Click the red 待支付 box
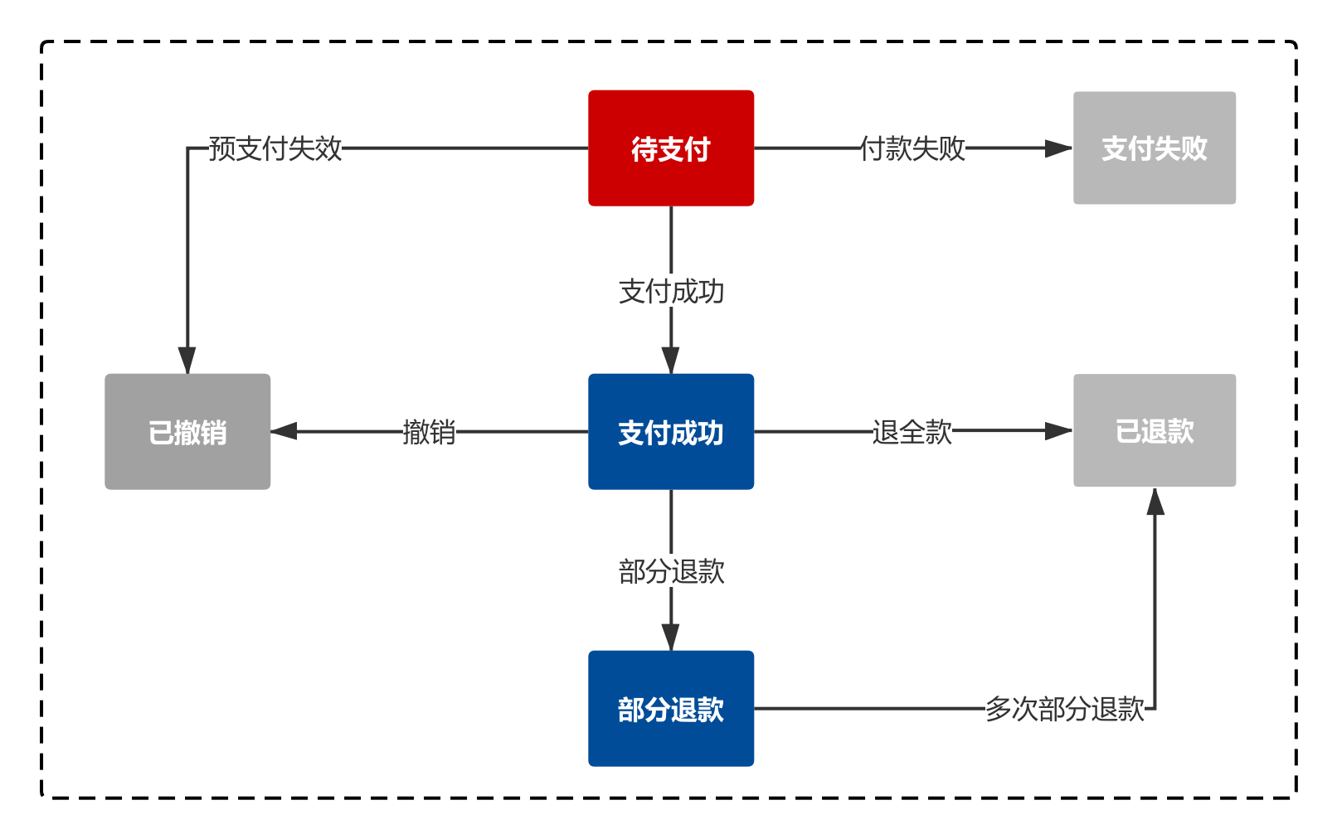(671, 148)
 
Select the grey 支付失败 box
(1154, 148)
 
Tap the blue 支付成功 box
(671, 432)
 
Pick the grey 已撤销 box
(187, 432)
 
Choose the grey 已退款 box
(1154, 431)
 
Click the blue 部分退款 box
(671, 709)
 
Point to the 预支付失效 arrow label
(275, 148)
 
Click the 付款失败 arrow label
(912, 148)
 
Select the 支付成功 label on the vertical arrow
(671, 292)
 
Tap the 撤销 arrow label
(429, 432)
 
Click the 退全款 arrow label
(912, 432)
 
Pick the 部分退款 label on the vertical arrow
(671, 571)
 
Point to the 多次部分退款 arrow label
(1065, 709)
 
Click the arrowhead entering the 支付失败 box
(1058, 148)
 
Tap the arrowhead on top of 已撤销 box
(187, 360)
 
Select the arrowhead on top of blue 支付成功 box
(671, 360)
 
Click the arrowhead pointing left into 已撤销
(284, 431)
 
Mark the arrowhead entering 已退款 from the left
(1058, 431)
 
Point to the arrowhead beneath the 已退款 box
(1155, 502)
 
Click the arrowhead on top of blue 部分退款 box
(671, 637)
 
